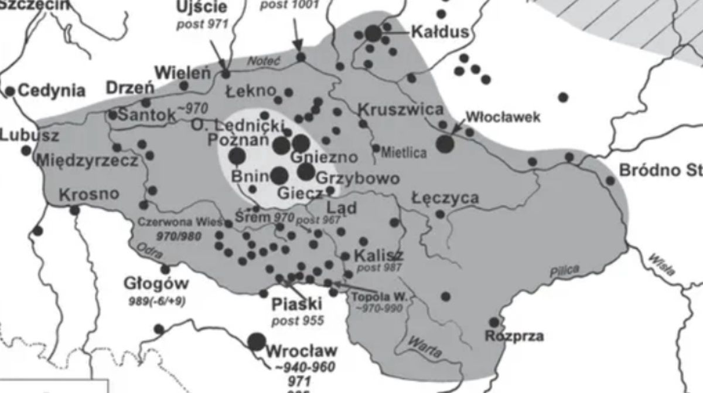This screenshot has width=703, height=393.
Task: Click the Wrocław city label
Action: click(x=302, y=352)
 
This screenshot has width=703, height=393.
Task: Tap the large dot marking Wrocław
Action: click(x=256, y=341)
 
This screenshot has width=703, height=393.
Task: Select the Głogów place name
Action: click(x=156, y=284)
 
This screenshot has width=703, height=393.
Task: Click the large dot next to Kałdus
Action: click(x=373, y=33)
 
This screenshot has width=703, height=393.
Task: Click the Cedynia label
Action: click(x=52, y=90)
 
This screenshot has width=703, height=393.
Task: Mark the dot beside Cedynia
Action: click(x=10, y=91)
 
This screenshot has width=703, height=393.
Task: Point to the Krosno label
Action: click(x=89, y=194)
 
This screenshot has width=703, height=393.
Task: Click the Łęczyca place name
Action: click(x=445, y=198)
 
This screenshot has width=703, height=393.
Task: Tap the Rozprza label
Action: click(x=514, y=336)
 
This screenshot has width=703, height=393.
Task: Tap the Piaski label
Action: click(x=298, y=305)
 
